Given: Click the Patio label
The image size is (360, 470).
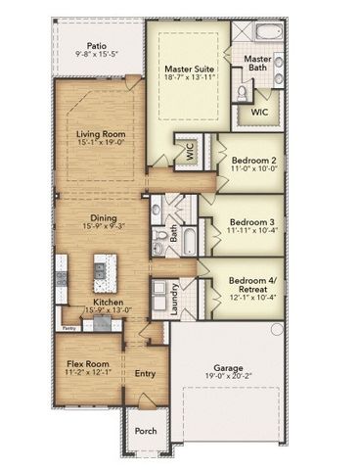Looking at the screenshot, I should click(96, 44).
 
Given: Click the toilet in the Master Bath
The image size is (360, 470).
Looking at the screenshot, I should click(242, 92).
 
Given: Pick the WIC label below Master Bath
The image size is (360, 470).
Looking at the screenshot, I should click(258, 112).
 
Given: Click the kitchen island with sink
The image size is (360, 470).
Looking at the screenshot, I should click(98, 269).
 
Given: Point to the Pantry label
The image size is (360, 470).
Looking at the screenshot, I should click(69, 329).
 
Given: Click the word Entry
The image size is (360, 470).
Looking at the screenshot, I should click(145, 373).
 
